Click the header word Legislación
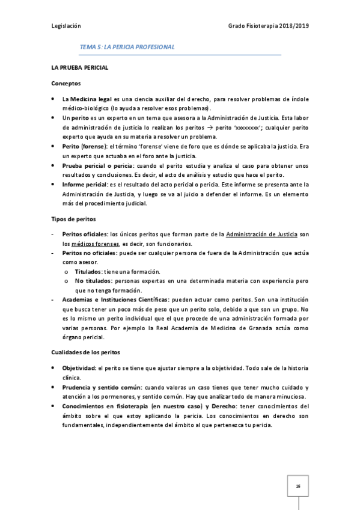pos(66,27)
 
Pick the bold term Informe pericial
pos(84,185)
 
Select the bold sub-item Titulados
pos(88,272)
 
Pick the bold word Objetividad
pos(78,367)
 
